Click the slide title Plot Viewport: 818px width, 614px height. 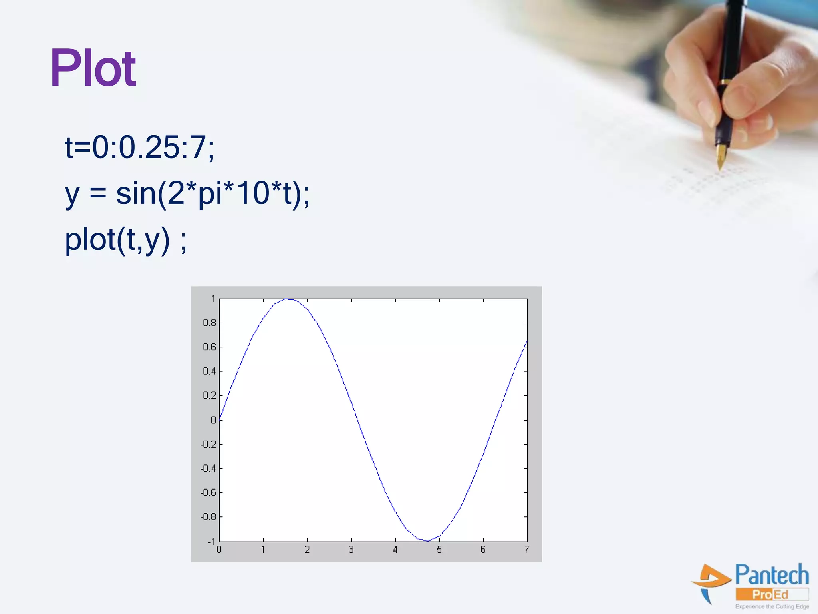93,68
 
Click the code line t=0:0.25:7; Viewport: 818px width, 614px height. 139,147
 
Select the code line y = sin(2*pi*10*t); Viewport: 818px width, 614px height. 187,193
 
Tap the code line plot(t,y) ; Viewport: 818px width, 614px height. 125,240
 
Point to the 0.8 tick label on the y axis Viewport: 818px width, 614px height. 209,323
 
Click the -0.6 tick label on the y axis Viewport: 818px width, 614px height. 208,493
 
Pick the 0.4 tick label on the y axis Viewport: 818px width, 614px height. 209,371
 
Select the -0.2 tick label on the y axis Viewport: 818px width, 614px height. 208,445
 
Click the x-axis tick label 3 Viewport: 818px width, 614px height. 351,550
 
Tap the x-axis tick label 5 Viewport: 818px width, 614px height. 439,550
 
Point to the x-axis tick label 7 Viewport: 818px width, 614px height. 527,550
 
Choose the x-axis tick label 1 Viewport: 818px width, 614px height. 263,550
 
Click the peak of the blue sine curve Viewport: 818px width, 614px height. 288,299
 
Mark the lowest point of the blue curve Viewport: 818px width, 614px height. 427,541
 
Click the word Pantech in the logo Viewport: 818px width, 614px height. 772,575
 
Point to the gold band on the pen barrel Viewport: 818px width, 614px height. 724,82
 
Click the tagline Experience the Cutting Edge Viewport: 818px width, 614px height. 772,607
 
